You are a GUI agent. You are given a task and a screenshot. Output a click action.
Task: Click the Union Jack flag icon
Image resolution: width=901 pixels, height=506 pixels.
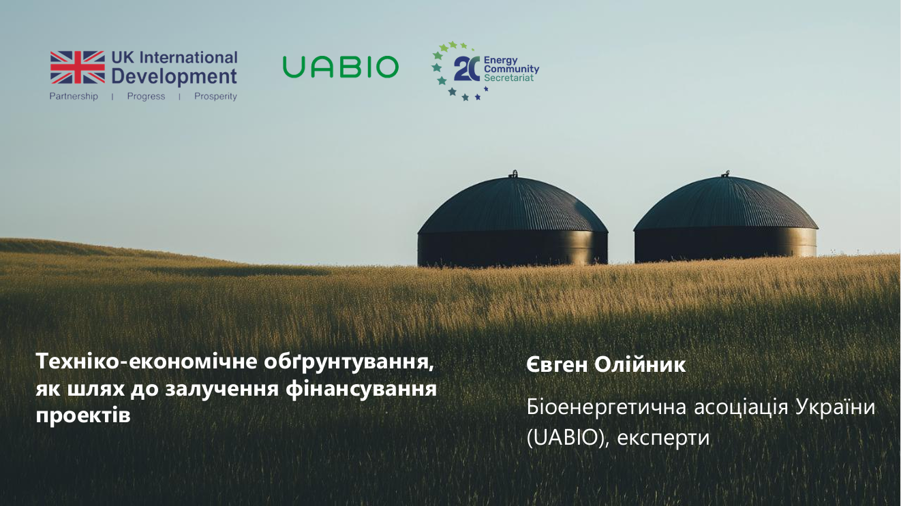77,67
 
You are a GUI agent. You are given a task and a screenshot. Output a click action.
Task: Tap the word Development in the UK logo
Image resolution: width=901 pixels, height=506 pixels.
174,76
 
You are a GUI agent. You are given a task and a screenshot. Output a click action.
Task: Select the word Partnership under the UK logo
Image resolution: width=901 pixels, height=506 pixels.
74,97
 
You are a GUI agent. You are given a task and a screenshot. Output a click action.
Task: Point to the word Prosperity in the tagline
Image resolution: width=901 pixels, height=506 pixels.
215,97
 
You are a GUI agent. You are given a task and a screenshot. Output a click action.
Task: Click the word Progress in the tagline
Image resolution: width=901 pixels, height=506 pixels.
146,97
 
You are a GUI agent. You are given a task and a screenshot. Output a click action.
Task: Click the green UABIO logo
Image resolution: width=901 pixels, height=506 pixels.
340,67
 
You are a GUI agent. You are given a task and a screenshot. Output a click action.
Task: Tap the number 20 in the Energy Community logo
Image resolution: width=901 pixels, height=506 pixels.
466,69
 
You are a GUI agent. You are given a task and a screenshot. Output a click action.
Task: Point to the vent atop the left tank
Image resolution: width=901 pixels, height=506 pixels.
514,174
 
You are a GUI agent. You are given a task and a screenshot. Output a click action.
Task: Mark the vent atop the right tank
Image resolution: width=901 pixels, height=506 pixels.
727,173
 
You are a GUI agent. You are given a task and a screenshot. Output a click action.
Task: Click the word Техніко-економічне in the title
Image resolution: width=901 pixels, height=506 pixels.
146,362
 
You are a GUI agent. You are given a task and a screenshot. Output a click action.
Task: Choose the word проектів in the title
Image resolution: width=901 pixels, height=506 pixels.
82,415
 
